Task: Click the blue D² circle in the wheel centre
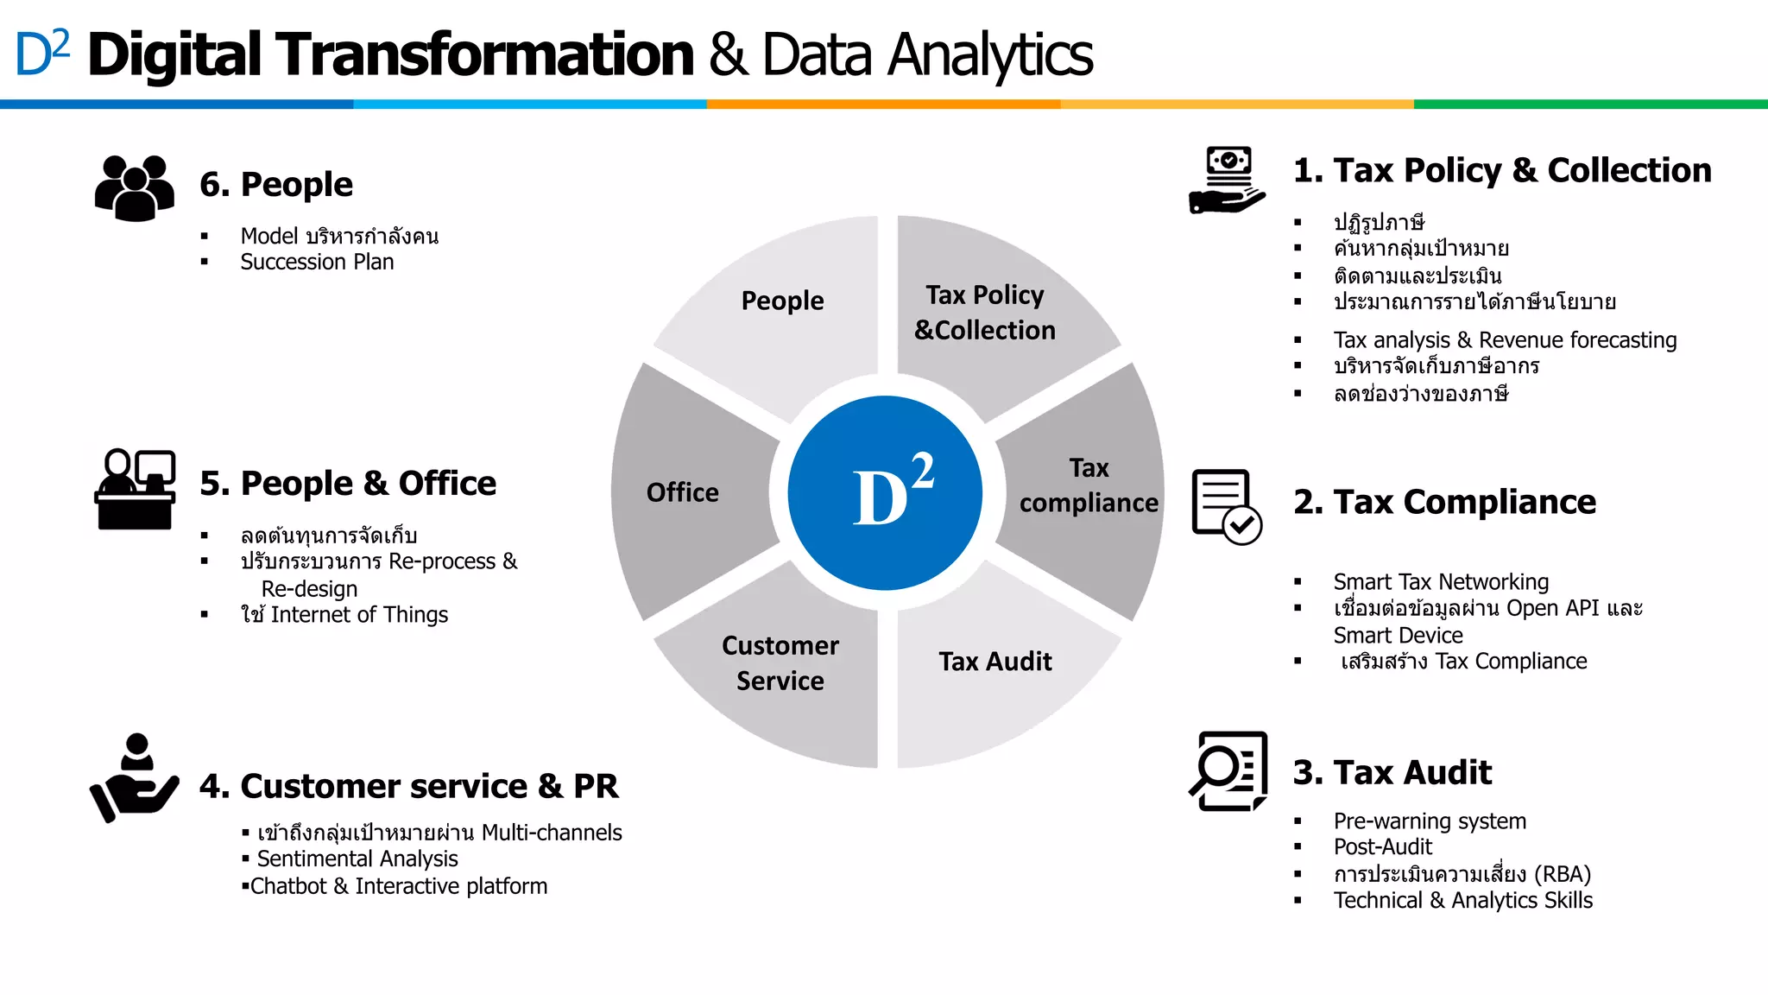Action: coord(885,493)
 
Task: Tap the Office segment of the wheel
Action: coord(683,492)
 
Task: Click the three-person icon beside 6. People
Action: coord(135,187)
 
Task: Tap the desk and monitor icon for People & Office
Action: coord(136,489)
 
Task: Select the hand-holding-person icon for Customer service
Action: coord(134,778)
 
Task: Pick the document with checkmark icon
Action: coord(1227,507)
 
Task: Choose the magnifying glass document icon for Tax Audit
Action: coord(1228,771)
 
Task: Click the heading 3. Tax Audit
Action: coord(1392,772)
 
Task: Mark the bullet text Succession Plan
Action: coord(317,262)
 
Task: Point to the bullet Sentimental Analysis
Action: coord(357,859)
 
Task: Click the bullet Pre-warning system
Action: coord(1430,821)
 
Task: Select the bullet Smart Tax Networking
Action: coord(1441,582)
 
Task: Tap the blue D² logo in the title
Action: coord(42,54)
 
